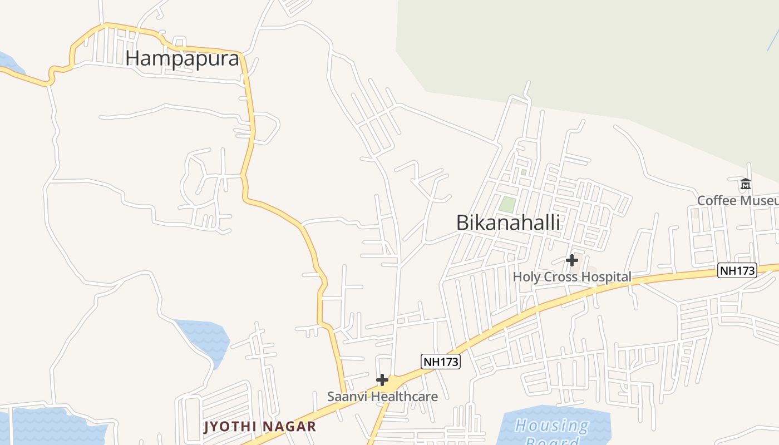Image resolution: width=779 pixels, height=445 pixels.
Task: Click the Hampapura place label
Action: point(182,58)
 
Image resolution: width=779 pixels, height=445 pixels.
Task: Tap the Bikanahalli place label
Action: point(508,222)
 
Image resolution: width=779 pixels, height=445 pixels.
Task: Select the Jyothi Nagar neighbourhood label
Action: point(260,427)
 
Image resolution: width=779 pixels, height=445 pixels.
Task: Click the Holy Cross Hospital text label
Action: point(571,276)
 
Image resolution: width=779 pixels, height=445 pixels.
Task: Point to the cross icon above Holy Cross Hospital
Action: point(571,260)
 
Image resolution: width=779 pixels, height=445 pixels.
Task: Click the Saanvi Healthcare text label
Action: point(382,397)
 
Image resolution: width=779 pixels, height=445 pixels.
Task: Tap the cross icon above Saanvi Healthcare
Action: point(382,380)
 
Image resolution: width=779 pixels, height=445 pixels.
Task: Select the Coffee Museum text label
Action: point(738,200)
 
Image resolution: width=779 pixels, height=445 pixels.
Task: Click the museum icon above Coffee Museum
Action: point(746,184)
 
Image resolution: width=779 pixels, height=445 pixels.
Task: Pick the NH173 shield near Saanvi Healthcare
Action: point(441,362)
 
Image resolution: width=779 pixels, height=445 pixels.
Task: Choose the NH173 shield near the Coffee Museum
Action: point(737,271)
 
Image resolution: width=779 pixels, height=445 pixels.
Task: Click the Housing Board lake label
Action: point(551,431)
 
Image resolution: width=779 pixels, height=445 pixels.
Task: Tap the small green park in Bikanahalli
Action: point(506,204)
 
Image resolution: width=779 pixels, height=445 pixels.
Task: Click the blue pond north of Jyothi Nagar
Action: point(205,339)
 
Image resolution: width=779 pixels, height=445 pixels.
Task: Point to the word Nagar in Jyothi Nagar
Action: point(290,427)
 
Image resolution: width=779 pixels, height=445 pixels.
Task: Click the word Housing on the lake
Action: point(551,426)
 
